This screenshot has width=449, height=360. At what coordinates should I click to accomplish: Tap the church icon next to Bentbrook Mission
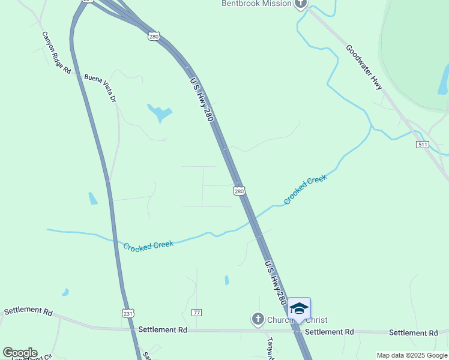[x=301, y=4]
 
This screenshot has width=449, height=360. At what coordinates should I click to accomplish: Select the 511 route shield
[x=423, y=145]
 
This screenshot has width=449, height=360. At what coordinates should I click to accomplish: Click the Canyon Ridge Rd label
[x=56, y=53]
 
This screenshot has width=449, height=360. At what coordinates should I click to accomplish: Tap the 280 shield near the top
[x=154, y=37]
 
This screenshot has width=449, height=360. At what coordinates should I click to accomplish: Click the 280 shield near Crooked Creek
[x=239, y=191]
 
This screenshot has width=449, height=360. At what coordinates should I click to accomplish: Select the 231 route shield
[x=128, y=313]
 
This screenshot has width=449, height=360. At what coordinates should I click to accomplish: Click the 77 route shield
[x=196, y=313]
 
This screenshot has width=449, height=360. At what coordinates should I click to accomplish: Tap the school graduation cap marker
[x=299, y=308]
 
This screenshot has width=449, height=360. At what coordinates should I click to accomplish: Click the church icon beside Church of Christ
[x=258, y=319]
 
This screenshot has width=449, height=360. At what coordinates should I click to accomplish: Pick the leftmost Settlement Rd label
[x=28, y=311]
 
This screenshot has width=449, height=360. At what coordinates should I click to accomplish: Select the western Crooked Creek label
[x=148, y=245]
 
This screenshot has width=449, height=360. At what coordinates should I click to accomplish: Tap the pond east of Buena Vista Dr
[x=160, y=112]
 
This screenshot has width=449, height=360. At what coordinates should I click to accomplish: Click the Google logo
[x=20, y=353]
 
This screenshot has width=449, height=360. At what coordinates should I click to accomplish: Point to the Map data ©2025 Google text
[x=411, y=355]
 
